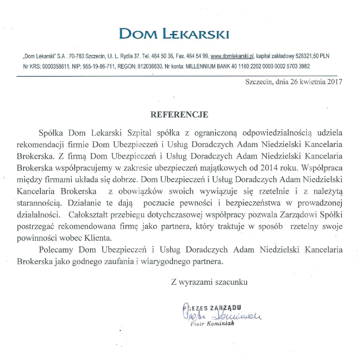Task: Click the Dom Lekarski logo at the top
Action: [174, 34]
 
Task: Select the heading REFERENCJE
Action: [180, 115]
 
